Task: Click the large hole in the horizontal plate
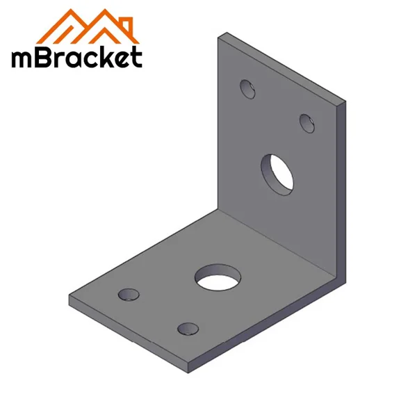tap(216, 278)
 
